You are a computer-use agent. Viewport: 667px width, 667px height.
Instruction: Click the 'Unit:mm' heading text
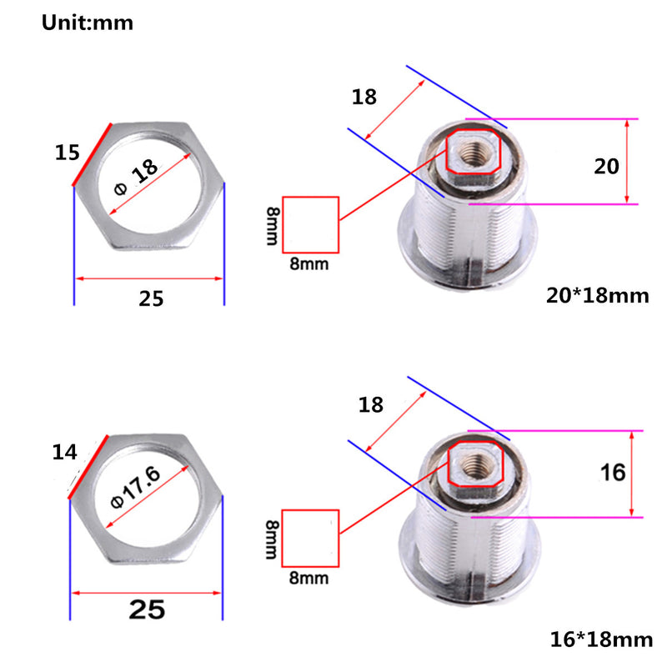tap(88, 23)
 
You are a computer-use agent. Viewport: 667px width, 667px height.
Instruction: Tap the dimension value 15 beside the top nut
tap(68, 153)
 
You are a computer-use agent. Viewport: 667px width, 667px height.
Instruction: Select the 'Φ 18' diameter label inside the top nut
tap(135, 177)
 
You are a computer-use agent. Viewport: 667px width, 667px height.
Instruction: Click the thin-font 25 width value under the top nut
tap(151, 298)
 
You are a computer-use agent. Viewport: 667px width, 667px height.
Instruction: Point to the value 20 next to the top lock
tap(606, 166)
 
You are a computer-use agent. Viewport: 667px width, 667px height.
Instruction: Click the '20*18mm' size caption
tap(597, 295)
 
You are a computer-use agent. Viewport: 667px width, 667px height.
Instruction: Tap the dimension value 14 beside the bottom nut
tap(64, 453)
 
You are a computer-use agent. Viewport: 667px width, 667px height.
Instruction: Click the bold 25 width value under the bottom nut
tap(147, 610)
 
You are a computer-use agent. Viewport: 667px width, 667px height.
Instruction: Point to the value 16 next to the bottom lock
tap(612, 473)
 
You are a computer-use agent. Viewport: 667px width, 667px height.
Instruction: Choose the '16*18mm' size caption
tap(601, 639)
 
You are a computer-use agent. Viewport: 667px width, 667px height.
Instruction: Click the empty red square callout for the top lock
tap(311, 225)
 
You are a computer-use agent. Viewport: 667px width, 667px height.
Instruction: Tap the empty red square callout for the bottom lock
tap(311, 538)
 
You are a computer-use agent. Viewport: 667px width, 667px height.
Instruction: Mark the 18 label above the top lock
tap(364, 97)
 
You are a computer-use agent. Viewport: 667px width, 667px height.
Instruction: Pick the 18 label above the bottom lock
tap(370, 405)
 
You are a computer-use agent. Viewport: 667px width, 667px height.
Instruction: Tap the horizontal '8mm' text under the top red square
tap(310, 264)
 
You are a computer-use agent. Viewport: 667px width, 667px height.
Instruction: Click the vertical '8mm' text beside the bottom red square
tap(272, 538)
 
